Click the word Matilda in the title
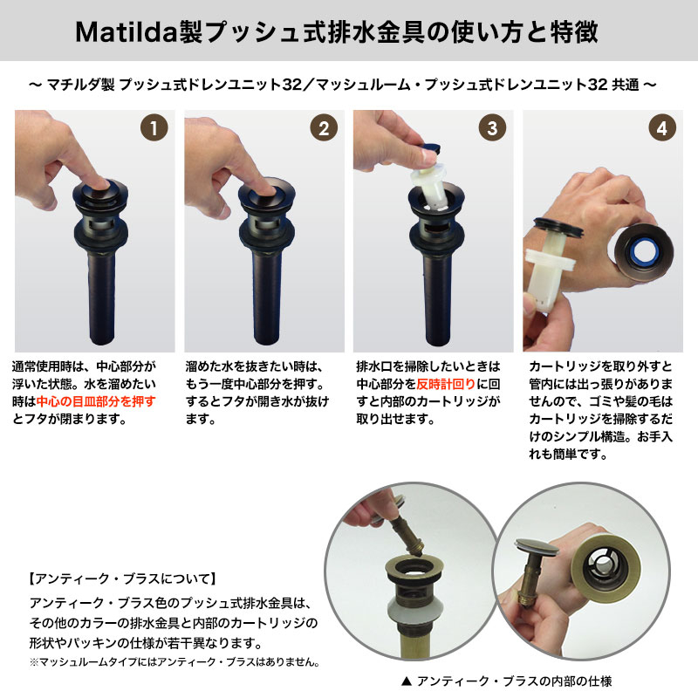pos(127,33)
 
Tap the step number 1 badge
pos(154,128)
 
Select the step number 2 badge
pos(323,128)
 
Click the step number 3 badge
pos(493,128)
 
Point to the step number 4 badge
pos(662,128)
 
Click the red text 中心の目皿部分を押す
pos(96,401)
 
